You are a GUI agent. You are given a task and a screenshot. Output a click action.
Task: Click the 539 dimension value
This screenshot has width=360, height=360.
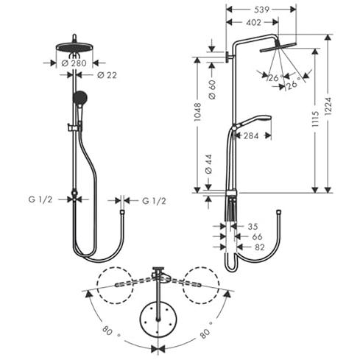(261, 10)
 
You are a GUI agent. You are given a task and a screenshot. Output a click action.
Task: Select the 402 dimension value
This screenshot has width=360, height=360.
(253, 23)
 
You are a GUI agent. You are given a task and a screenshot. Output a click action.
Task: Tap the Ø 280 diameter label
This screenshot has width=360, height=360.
(74, 63)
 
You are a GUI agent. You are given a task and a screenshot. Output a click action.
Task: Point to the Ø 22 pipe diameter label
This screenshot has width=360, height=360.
(107, 75)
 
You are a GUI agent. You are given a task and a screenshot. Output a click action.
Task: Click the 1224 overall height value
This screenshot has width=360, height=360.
(328, 106)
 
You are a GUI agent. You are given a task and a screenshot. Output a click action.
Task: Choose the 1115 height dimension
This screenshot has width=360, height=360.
(315, 119)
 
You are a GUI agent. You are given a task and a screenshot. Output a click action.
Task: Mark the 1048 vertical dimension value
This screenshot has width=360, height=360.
(197, 112)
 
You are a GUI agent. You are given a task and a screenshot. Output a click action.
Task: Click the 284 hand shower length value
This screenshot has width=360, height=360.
(251, 135)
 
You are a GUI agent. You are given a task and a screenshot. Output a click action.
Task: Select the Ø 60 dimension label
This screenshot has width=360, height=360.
(212, 90)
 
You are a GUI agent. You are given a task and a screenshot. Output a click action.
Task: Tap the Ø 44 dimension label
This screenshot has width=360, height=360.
(208, 164)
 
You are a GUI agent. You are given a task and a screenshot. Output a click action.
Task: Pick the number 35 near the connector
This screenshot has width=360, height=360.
(253, 227)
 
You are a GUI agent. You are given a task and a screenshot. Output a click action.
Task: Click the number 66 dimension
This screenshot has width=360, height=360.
(257, 237)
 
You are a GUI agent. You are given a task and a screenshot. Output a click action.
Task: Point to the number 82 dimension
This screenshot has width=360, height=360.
(260, 247)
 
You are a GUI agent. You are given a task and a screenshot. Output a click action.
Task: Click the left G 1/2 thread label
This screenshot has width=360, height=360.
(40, 200)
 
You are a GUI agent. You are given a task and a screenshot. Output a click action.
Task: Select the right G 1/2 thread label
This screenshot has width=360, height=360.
(154, 201)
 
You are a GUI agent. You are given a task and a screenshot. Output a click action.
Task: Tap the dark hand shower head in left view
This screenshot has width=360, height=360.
(80, 97)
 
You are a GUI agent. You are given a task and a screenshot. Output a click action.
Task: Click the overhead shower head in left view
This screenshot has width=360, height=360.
(74, 47)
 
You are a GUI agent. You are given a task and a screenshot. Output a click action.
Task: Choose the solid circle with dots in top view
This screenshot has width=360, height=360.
(158, 319)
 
